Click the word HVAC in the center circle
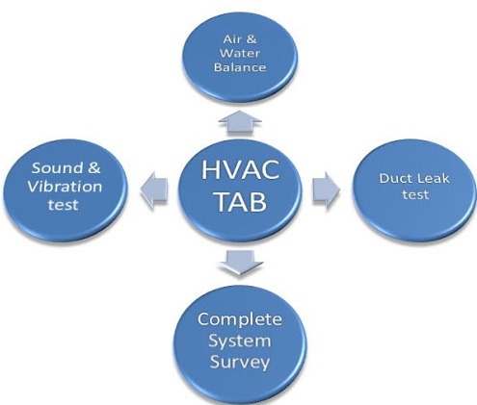point(240,170)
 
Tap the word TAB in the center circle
point(241,202)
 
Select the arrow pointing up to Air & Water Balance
point(240,122)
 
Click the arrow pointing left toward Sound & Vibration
point(154,190)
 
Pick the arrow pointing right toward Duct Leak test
point(326,190)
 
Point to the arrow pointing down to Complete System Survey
point(240,263)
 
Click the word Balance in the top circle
point(240,67)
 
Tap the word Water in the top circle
point(240,53)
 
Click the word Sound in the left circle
point(53,168)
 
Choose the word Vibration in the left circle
point(65,187)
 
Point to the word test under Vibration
point(64,205)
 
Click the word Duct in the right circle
point(391,178)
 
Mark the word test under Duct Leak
point(415,194)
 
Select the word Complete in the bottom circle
point(240,319)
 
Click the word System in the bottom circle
point(240,342)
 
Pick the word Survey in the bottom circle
point(240,363)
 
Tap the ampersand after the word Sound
point(93,168)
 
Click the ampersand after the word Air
point(251,39)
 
